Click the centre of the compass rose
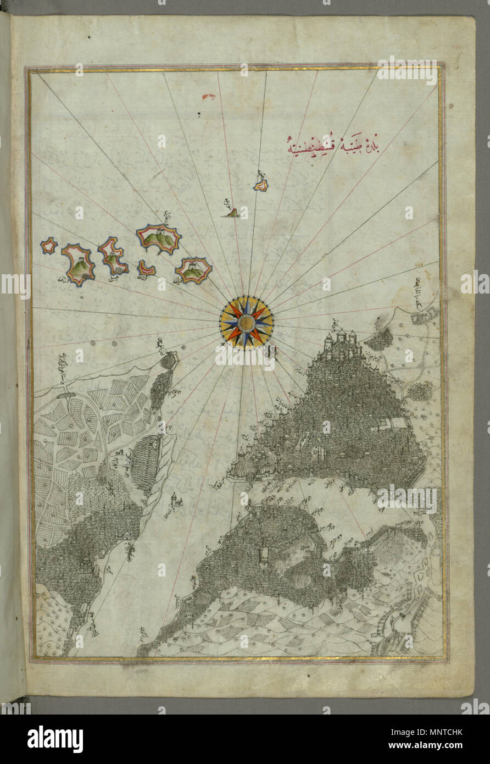pos(246,322)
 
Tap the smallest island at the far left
pos(49,246)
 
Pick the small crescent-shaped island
pos(146,268)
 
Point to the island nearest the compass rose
pos(193,270)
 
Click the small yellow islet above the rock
pos(260,185)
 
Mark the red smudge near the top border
pos(209,97)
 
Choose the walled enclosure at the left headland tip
pos(169,361)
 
